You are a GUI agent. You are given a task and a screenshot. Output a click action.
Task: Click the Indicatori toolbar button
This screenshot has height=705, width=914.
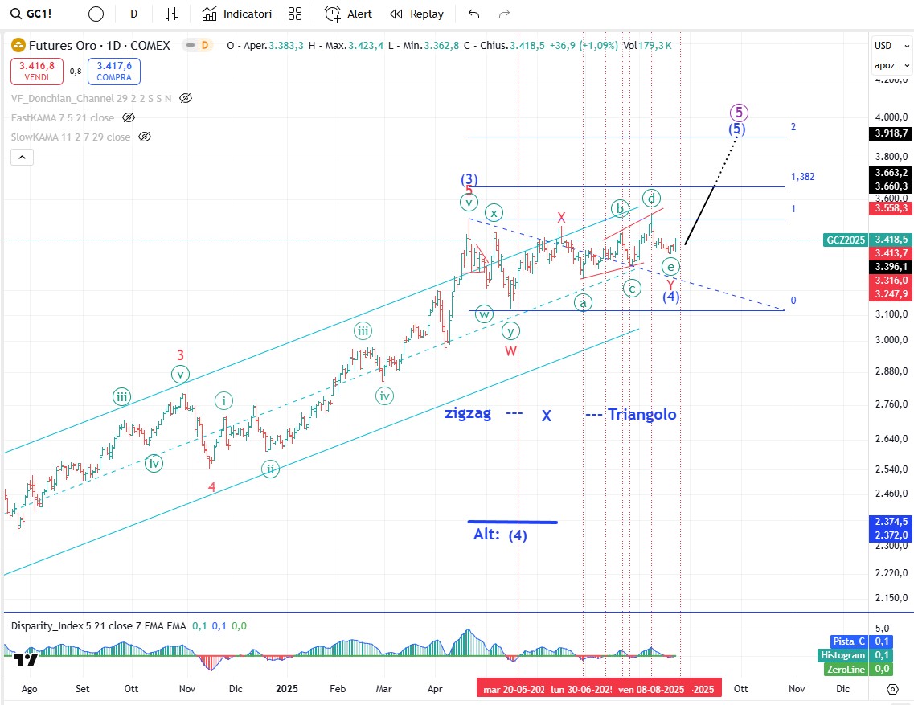(x=237, y=14)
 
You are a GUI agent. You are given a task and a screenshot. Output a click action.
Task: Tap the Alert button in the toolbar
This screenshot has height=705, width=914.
(x=349, y=14)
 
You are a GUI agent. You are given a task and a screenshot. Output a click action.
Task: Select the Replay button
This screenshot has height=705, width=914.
(x=416, y=14)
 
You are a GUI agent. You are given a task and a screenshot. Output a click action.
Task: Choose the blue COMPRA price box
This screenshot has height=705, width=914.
(x=114, y=72)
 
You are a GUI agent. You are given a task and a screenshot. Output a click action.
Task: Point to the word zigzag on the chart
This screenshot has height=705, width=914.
(x=468, y=414)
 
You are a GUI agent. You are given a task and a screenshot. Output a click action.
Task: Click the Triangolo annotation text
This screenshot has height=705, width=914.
(x=641, y=414)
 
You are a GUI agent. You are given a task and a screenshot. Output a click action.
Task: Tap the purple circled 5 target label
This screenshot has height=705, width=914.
(x=740, y=112)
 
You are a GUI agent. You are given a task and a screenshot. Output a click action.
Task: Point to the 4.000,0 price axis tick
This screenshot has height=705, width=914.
(x=891, y=117)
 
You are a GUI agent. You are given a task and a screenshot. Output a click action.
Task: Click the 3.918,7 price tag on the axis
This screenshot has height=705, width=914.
(x=891, y=133)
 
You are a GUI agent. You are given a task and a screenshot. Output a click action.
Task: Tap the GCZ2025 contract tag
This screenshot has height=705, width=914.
(x=846, y=240)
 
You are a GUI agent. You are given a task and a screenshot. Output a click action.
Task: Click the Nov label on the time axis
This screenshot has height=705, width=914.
(x=797, y=688)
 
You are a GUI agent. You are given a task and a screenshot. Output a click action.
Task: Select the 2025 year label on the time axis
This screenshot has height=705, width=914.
(x=287, y=688)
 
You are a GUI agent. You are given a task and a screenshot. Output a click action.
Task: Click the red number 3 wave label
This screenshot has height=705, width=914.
(x=181, y=355)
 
